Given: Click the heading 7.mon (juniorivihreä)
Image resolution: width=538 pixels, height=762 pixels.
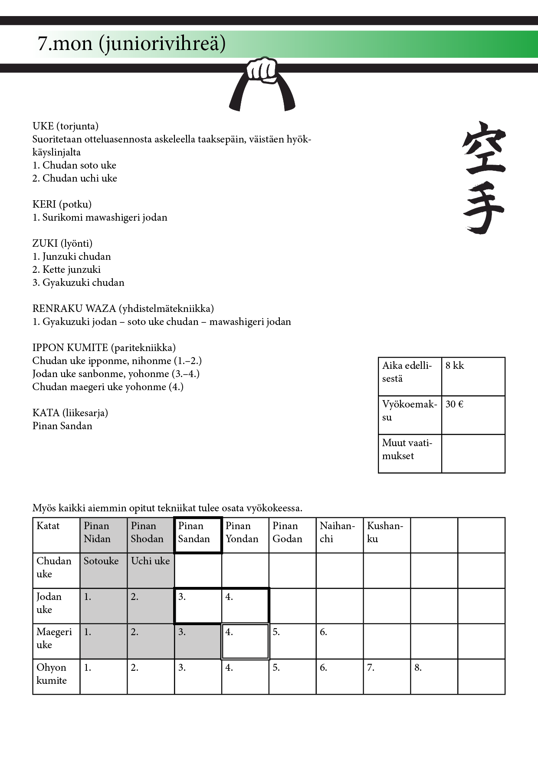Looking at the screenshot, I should [131, 43].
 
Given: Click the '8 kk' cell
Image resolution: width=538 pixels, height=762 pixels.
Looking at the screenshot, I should [473, 376].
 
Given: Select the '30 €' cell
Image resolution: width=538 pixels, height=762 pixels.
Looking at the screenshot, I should [473, 415].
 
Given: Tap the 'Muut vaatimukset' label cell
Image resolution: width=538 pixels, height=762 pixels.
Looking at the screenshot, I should [410, 453].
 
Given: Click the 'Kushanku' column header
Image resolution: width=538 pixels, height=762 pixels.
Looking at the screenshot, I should [387, 535].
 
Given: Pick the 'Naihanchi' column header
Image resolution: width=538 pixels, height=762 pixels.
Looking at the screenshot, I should [339, 535].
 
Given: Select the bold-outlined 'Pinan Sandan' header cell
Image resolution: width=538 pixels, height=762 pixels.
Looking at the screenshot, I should [198, 535].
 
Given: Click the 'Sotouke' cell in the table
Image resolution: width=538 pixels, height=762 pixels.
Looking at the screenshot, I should [103, 570].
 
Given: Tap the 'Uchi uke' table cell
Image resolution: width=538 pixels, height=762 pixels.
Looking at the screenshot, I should [151, 570].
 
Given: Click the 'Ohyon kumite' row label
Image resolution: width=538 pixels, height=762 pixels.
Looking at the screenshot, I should [56, 676].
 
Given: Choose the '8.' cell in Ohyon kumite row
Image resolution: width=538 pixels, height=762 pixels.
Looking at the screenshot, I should [434, 676].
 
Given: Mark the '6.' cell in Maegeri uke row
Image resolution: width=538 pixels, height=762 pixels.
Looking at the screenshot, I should [339, 641].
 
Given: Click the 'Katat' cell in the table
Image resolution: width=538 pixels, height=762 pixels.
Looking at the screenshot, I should [56, 535].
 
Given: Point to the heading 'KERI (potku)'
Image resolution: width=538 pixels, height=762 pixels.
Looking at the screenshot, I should [62, 204].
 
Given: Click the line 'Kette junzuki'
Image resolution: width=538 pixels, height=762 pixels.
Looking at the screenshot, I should [66, 269].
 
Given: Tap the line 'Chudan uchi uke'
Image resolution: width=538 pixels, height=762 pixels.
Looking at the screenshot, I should [75, 178].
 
